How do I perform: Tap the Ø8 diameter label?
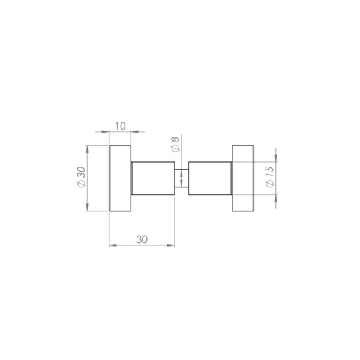click(x=175, y=146)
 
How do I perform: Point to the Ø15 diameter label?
click(x=269, y=178)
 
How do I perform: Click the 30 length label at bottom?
click(x=142, y=239)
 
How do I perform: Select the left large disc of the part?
click(x=120, y=178)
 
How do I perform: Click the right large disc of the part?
click(x=242, y=178)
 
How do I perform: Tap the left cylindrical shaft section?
click(x=153, y=178)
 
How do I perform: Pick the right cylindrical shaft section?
click(x=210, y=178)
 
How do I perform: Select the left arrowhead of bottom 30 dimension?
click(x=112, y=245)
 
